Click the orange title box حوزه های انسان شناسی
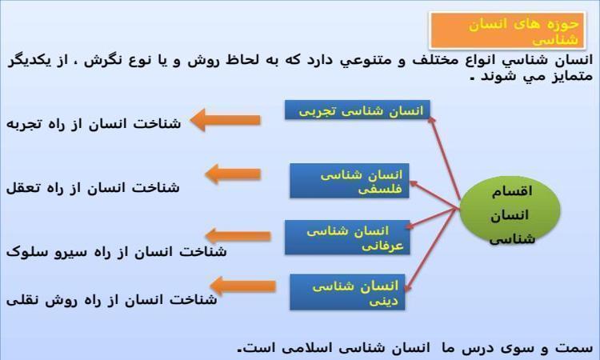tap(507, 30)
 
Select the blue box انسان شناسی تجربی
tap(358, 110)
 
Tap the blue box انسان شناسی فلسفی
tap(350, 181)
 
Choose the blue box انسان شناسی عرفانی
tap(347, 237)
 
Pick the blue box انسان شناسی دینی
tap(347, 292)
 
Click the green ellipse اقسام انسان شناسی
tap(510, 210)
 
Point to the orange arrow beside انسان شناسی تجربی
tap(225, 120)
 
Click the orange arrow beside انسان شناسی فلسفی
tap(233, 174)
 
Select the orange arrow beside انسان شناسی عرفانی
tap(238, 236)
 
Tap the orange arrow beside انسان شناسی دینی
tap(242, 286)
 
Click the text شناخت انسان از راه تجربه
tap(94, 124)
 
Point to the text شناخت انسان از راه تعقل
tap(93, 188)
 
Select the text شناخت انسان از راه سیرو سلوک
tap(116, 251)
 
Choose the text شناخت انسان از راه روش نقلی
tap(111, 300)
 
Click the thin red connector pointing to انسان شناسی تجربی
tap(444, 158)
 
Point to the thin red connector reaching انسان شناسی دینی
tap(431, 250)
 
